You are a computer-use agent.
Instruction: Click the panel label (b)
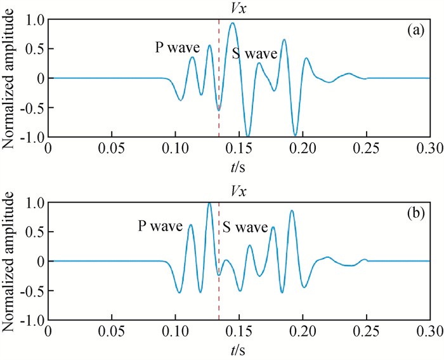pyautogui.click(x=417, y=213)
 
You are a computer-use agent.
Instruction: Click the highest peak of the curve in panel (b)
pyautogui.click(x=209, y=203)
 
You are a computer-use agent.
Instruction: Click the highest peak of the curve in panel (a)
pyautogui.click(x=233, y=23)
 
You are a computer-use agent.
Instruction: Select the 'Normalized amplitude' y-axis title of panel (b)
pyautogui.click(x=10, y=260)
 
